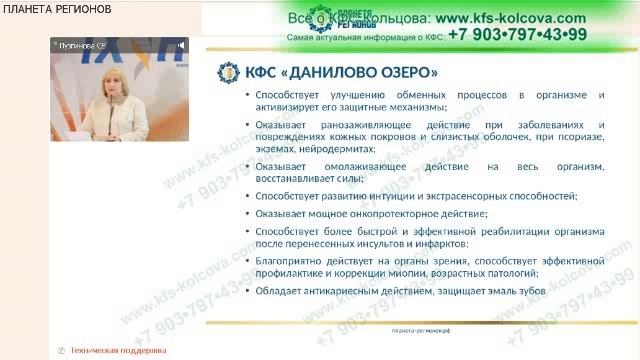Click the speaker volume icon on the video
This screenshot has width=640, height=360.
182,45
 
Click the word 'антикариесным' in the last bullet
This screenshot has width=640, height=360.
336,290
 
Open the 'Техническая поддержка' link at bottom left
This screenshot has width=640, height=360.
116,351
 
